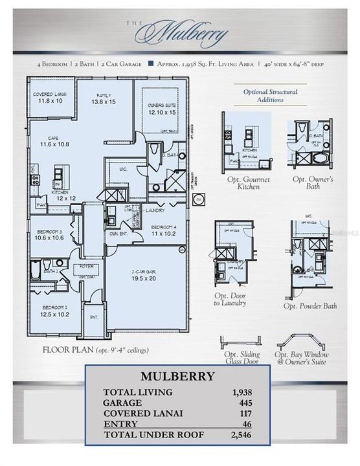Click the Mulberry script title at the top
tap(183, 33)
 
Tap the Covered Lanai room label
tap(49, 98)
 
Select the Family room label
tap(103, 98)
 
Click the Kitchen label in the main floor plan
tap(61, 195)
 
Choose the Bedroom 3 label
tap(48, 234)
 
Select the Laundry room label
tap(155, 210)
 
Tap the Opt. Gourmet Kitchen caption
tap(246, 183)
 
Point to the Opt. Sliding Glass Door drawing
tap(241, 342)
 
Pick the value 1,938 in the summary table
tap(240, 392)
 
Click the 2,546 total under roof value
tap(240, 434)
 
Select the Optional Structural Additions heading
tap(270, 96)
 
